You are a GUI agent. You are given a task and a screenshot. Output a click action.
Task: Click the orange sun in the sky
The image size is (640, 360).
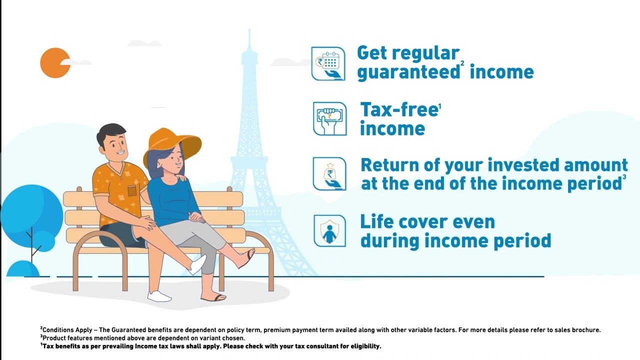pyautogui.click(x=54, y=63)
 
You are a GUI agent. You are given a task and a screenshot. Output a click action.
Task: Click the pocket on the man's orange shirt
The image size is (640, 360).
pyautogui.click(x=132, y=190)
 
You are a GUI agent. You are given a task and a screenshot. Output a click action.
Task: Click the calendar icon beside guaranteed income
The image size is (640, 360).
pyautogui.click(x=328, y=63)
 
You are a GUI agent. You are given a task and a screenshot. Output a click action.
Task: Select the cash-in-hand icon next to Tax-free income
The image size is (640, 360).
pyautogui.click(x=329, y=119)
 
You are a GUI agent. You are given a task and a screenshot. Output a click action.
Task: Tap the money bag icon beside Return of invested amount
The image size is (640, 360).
pyautogui.click(x=329, y=174)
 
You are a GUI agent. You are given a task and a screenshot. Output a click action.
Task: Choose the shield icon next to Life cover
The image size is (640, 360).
pyautogui.click(x=329, y=230)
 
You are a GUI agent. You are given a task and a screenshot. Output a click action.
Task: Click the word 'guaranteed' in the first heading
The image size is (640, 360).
pyautogui.click(x=407, y=72)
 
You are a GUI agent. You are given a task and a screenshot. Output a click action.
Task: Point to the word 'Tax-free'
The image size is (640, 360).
pyautogui.click(x=398, y=110)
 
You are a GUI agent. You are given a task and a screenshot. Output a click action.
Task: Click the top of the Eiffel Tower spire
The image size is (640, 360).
pyautogui.click(x=248, y=33)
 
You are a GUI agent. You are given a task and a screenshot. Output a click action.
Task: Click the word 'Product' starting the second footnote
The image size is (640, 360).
pyautogui.click(x=53, y=338)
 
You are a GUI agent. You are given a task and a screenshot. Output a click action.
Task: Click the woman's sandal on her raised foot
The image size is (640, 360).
pyautogui.click(x=247, y=259)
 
